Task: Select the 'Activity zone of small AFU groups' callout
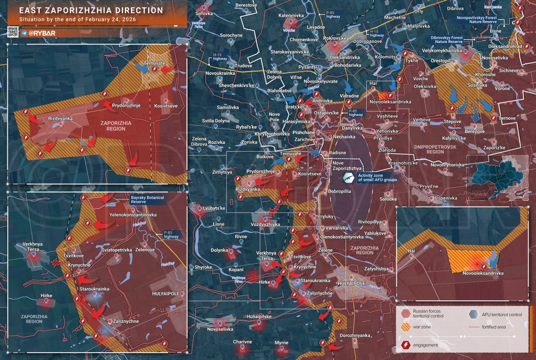point(377,178)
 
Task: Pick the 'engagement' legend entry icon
point(405,345)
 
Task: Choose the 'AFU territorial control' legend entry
point(502,314)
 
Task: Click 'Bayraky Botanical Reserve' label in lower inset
point(147,199)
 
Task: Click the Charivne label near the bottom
point(243,342)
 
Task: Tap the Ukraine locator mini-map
point(497,174)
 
